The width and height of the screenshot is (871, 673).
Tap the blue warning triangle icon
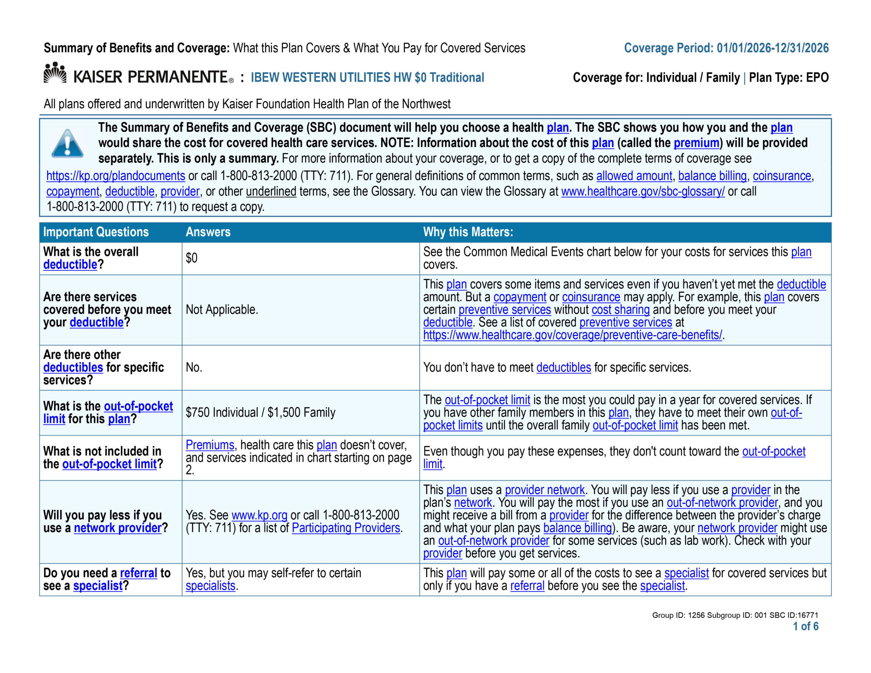tap(67, 144)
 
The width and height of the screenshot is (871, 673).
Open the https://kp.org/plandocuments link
tap(116, 176)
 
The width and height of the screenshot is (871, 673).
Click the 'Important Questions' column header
tap(96, 232)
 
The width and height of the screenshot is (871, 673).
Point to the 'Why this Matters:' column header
tap(468, 232)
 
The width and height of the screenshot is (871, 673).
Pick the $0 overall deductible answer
tap(192, 258)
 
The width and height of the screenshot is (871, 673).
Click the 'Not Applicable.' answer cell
tap(222, 310)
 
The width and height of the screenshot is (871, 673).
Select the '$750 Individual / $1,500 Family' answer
tap(260, 412)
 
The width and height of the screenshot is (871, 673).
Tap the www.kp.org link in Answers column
tap(259, 515)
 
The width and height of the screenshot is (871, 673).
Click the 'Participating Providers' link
tap(346, 528)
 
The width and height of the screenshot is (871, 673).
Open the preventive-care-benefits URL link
tap(572, 335)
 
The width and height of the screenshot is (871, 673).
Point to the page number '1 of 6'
tap(805, 626)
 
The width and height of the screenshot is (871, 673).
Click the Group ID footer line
tap(735, 615)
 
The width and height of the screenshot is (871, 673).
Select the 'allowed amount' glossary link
tap(634, 176)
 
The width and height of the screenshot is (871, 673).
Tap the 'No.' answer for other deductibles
tap(194, 367)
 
